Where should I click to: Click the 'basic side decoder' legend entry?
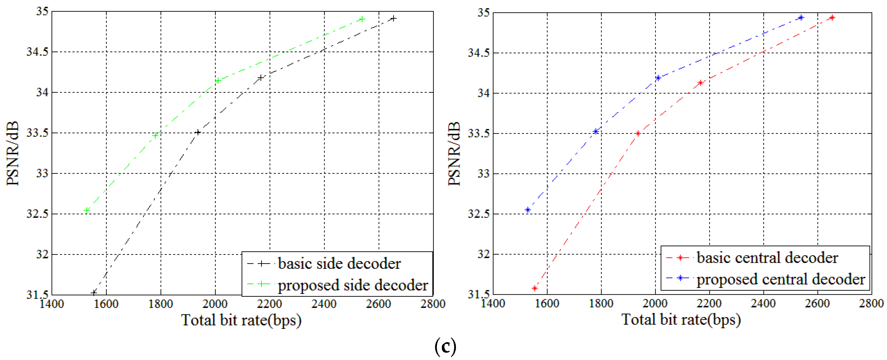tap(339, 264)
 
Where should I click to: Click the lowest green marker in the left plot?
tap(87, 210)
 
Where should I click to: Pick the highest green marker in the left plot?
tap(362, 19)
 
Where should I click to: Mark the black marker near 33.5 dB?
tap(198, 132)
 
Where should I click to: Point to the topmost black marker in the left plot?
tap(394, 18)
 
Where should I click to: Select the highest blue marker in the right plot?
tap(801, 18)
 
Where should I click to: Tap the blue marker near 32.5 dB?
tap(527, 210)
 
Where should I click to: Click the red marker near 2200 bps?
tap(700, 83)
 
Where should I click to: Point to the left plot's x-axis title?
tap(241, 320)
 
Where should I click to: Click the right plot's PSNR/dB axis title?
tap(454, 153)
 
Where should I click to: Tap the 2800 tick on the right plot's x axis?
tap(871, 303)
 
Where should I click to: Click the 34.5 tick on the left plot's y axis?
tap(37, 52)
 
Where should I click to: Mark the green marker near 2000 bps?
tap(218, 81)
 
